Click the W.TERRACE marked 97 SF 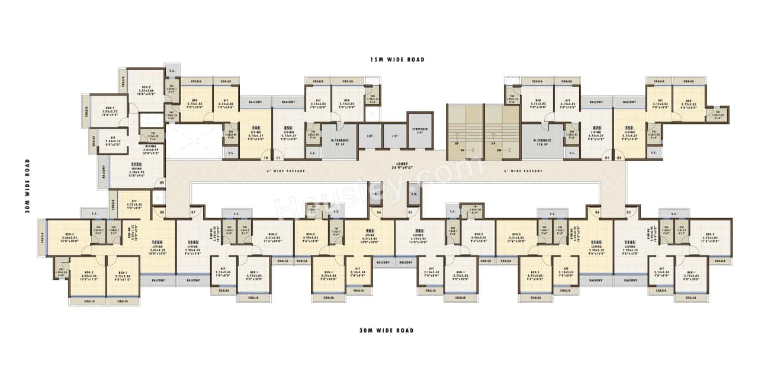point(339,142)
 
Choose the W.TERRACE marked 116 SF point(542,142)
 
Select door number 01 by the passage point(606,157)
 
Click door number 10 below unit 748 point(265,157)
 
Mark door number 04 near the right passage point(597,212)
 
